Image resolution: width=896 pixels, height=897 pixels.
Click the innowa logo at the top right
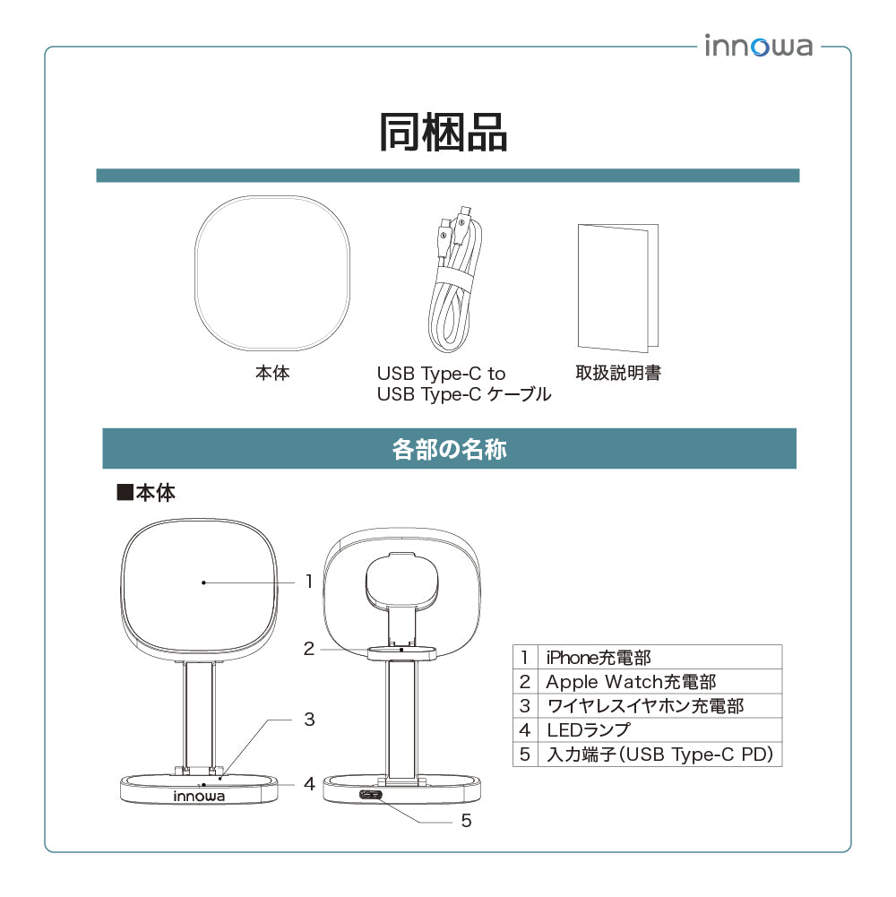tap(758, 46)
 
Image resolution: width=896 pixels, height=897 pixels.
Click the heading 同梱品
tap(444, 132)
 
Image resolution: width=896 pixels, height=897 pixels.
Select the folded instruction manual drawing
tap(617, 287)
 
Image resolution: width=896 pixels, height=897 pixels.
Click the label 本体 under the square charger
tap(272, 374)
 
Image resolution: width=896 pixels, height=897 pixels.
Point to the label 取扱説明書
tap(618, 373)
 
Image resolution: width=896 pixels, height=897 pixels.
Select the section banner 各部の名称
tap(449, 449)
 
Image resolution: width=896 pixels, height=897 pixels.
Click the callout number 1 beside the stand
tap(309, 582)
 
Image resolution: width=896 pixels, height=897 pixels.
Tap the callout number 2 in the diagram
tap(309, 649)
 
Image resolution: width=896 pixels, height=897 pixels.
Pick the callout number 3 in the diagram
tap(309, 719)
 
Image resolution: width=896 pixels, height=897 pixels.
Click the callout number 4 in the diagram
tap(309, 784)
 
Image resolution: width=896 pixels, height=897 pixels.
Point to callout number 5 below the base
tap(466, 820)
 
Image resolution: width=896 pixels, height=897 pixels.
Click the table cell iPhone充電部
tap(599, 658)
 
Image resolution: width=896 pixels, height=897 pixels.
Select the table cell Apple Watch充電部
tap(631, 682)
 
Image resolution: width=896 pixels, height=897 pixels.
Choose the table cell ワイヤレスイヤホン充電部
tap(645, 706)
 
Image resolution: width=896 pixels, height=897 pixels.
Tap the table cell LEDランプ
tap(588, 730)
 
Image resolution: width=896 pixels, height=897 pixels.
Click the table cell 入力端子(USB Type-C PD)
tap(659, 755)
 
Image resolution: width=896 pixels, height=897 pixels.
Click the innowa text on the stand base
tap(199, 795)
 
